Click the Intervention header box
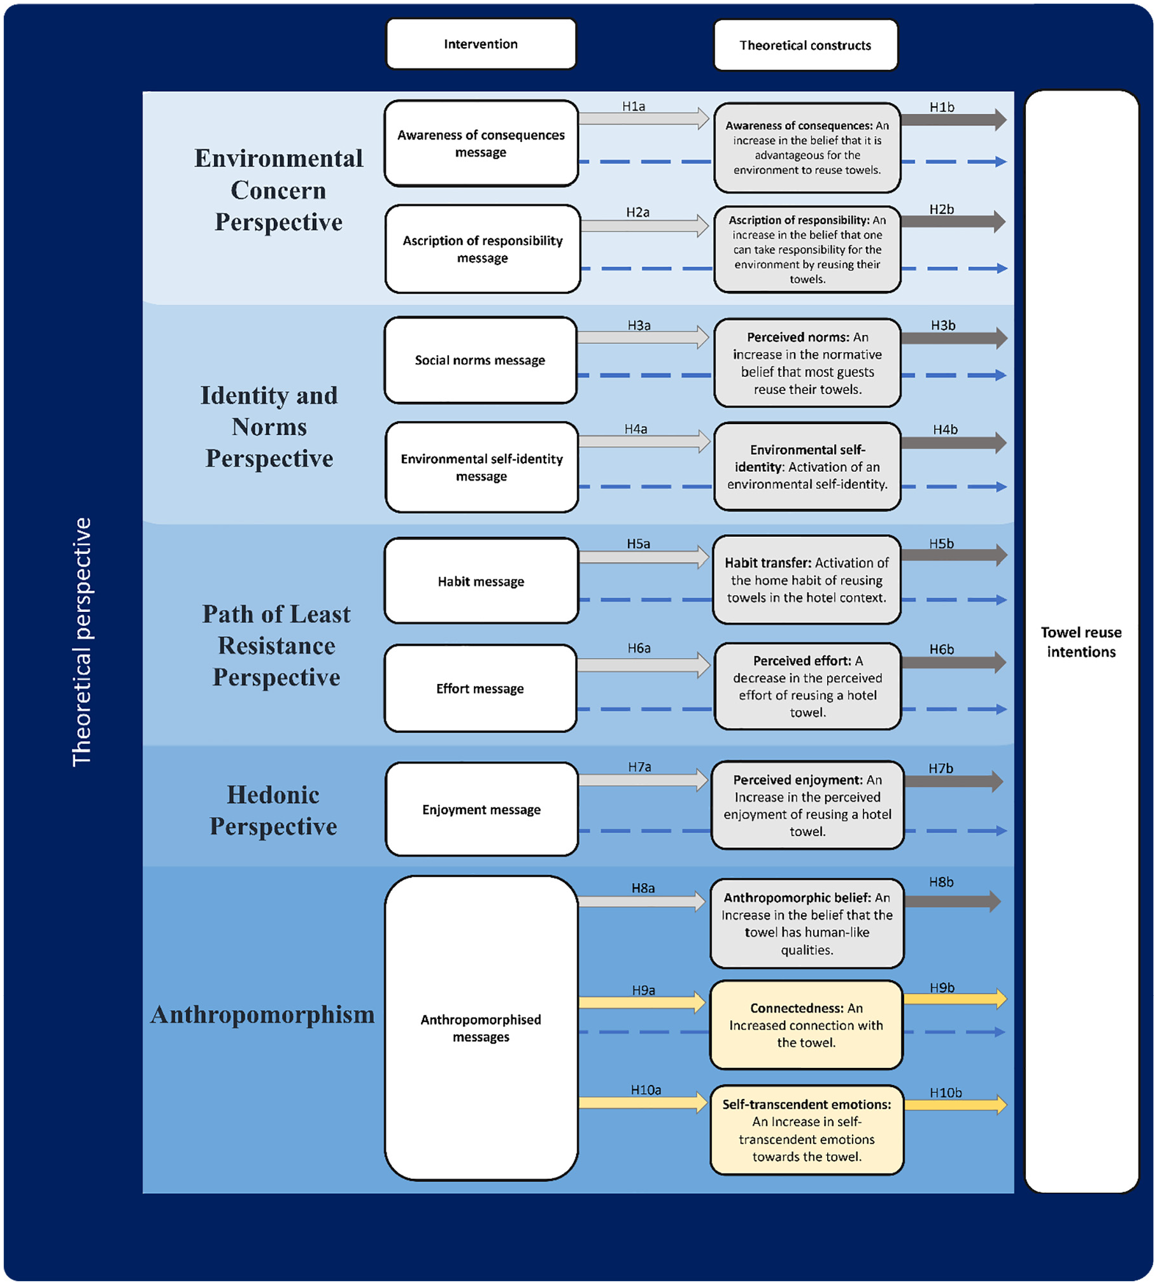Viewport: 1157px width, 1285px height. tap(481, 43)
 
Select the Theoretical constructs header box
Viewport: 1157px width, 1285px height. tap(806, 45)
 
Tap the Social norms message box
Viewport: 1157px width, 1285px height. tap(480, 360)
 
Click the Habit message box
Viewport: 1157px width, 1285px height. tap(481, 581)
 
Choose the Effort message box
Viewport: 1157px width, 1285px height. tap(480, 688)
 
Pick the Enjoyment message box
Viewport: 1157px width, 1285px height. tap(481, 809)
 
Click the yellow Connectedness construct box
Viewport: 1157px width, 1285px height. tap(806, 1025)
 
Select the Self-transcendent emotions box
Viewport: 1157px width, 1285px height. tap(807, 1130)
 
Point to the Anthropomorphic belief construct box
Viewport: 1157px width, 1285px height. tap(807, 923)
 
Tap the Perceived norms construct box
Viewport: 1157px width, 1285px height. tap(807, 363)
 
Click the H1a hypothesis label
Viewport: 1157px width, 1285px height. tap(634, 106)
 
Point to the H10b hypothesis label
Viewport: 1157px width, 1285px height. tap(946, 1093)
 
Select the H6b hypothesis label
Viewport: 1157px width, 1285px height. tap(942, 649)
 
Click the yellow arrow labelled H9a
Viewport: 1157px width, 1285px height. tap(642, 1002)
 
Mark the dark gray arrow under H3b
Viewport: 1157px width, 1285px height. tap(954, 338)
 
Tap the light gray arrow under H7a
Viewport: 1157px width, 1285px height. tap(643, 780)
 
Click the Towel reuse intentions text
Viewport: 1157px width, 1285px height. tap(1081, 642)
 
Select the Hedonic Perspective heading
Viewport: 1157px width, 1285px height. tap(273, 810)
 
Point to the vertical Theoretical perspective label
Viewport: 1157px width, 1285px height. tap(82, 642)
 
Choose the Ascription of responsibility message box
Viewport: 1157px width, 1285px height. tap(483, 249)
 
